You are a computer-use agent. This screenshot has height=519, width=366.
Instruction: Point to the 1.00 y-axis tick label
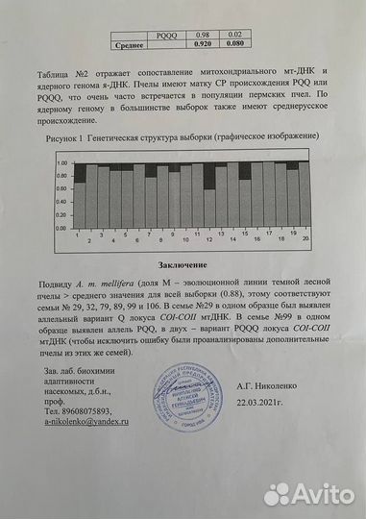tap(61, 162)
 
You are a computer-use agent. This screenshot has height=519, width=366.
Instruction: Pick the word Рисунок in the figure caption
tap(63, 139)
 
